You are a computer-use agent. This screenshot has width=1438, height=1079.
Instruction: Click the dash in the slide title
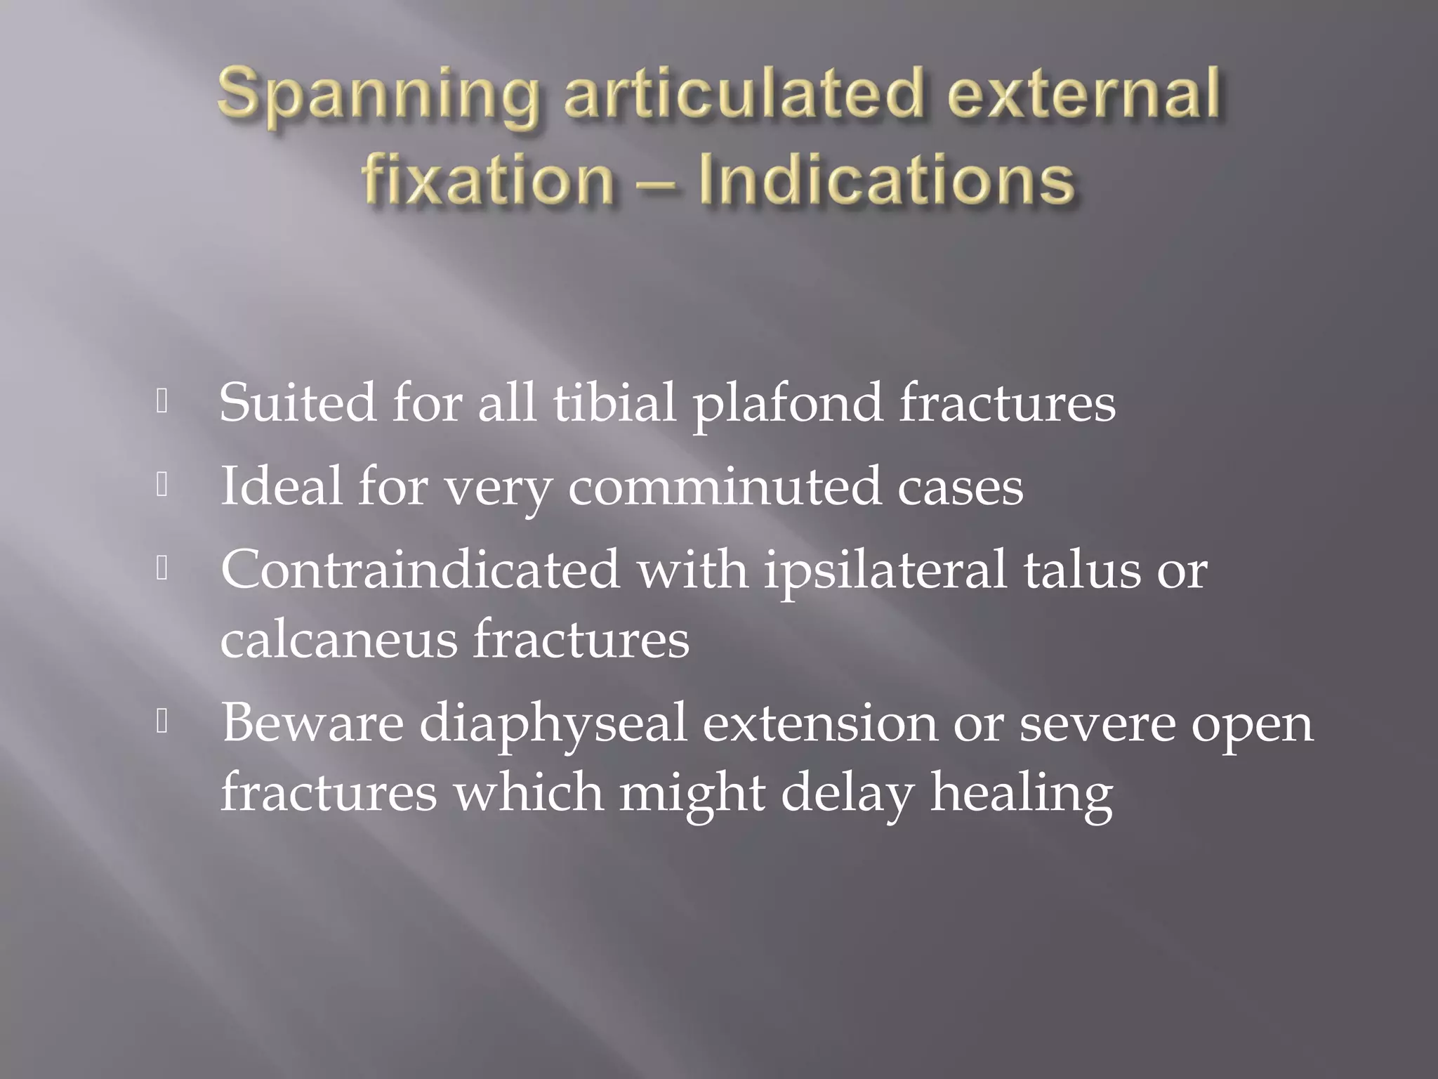[x=657, y=181]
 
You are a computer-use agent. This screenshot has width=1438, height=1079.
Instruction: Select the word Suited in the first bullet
[x=298, y=403]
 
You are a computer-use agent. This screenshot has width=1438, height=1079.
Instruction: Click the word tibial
[x=614, y=403]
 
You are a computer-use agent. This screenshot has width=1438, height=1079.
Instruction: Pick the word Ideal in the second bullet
[x=282, y=486]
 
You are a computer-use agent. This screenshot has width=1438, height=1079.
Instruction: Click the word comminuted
[x=724, y=488]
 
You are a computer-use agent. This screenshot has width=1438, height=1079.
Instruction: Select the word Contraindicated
[x=420, y=569]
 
